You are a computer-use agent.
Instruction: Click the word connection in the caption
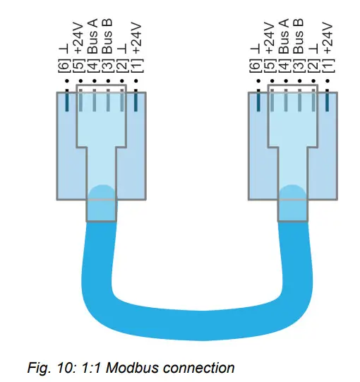coord(198,367)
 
